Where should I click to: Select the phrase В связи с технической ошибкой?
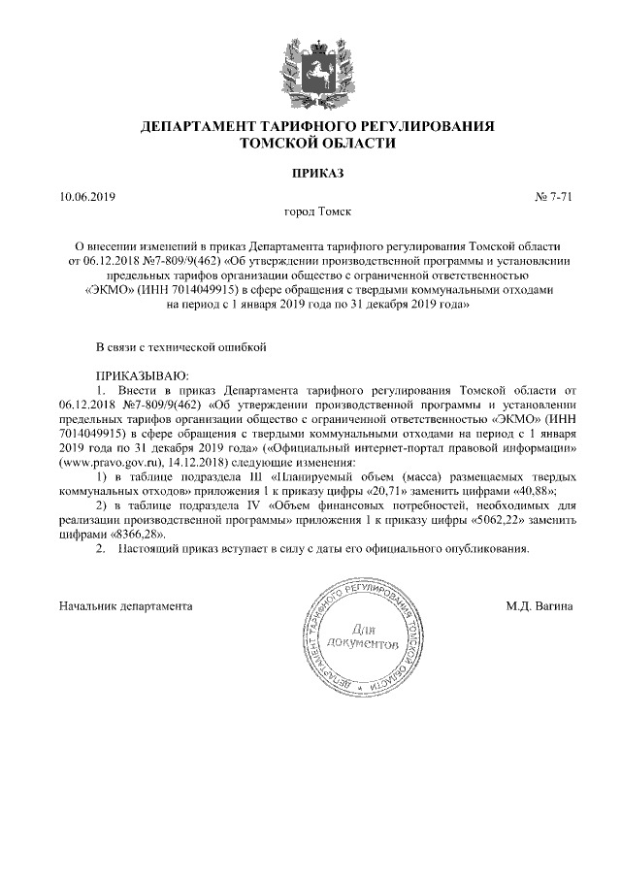coord(180,346)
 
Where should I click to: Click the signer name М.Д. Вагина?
coord(539,606)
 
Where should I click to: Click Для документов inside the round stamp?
coord(365,635)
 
